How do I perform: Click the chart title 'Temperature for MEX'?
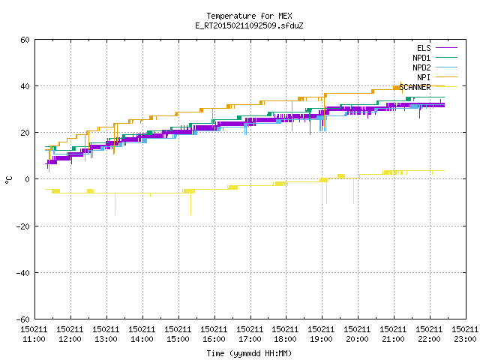[249, 16]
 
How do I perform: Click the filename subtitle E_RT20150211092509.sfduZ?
[249, 25]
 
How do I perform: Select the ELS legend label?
[424, 48]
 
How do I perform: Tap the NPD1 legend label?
[421, 58]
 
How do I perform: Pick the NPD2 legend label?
[421, 67]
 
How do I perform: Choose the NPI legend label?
[424, 77]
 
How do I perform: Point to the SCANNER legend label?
[415, 87]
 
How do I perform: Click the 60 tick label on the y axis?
[25, 40]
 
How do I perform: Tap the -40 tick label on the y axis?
[23, 273]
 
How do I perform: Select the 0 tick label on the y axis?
[27, 179]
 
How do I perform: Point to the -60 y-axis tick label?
[23, 319]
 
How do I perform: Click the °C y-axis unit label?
[9, 180]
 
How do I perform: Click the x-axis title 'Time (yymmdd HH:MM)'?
[249, 353]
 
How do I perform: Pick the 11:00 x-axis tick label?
[34, 339]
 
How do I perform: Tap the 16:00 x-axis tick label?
[214, 339]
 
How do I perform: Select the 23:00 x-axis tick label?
[465, 339]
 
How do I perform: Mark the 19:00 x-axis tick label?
[321, 339]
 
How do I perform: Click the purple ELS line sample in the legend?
[446, 48]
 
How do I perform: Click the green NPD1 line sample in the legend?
[446, 58]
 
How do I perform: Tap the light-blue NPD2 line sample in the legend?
[446, 67]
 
